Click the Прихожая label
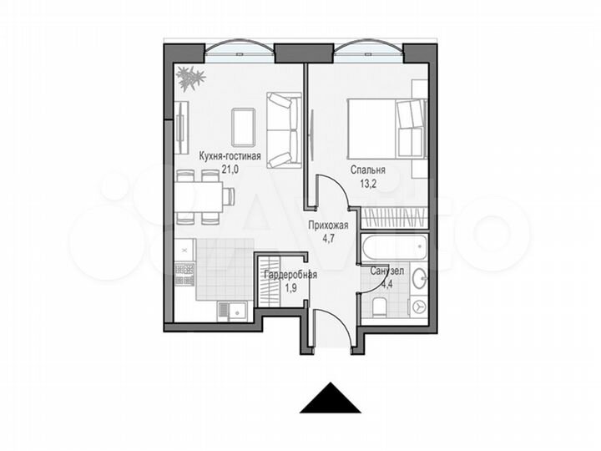point(327,225)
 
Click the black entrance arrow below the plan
point(330,398)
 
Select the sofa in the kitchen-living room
point(283,129)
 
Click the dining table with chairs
point(199,197)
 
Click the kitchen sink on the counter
point(232,310)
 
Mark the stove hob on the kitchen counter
point(184,274)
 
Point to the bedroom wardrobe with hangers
point(394,219)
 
